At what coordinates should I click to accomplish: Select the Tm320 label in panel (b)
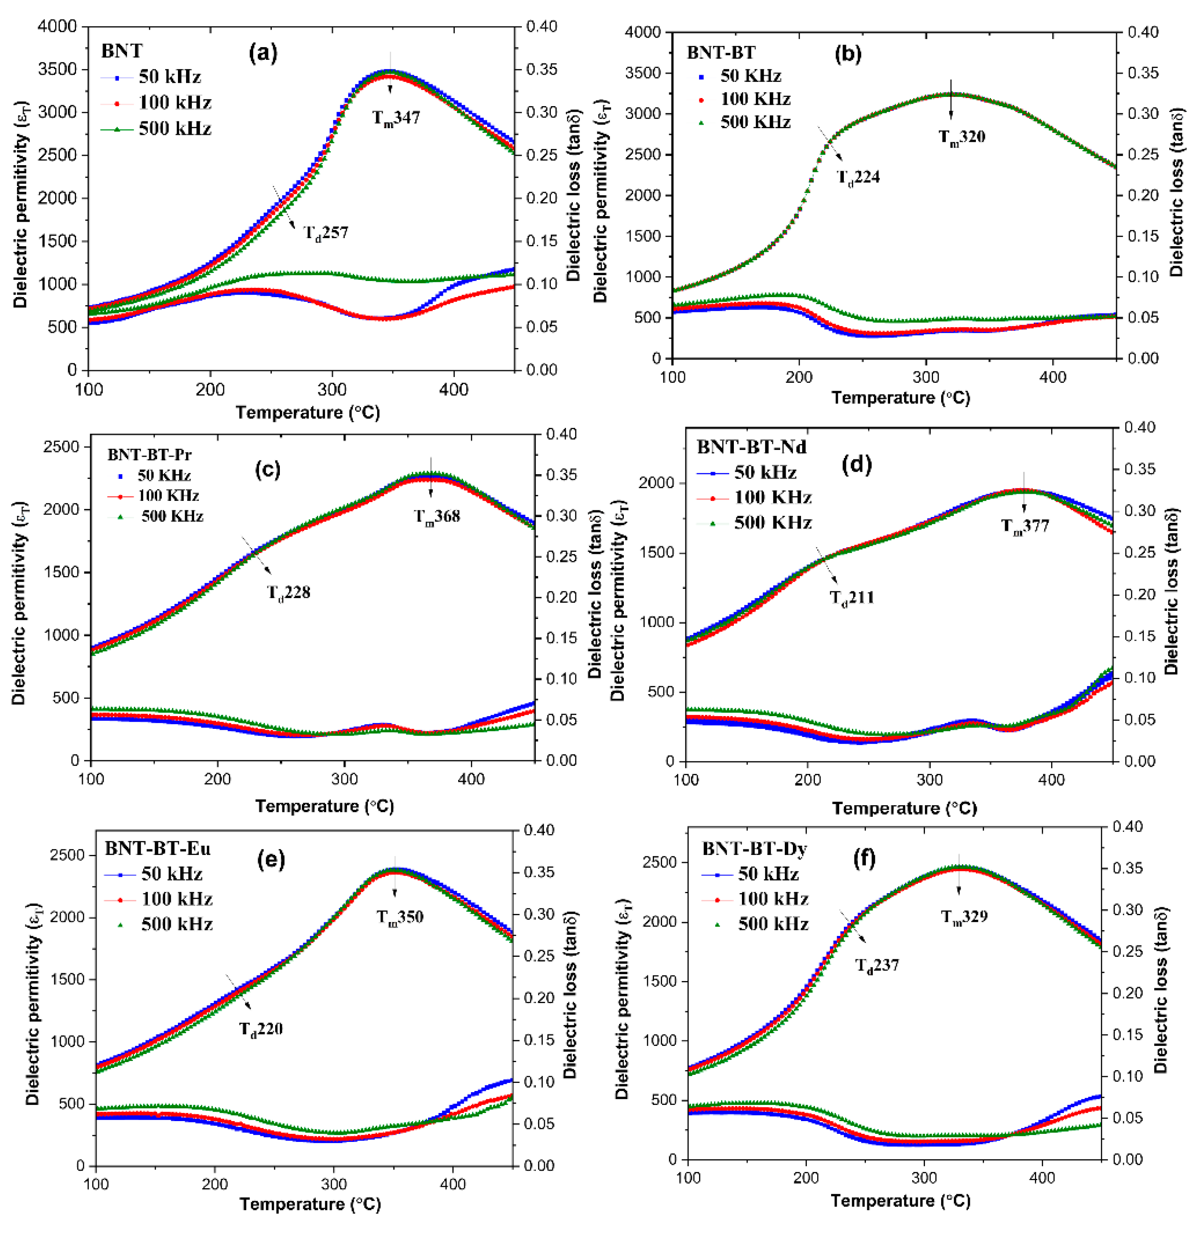tap(961, 137)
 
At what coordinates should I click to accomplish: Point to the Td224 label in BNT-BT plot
tap(858, 177)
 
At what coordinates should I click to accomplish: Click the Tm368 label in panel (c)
tap(437, 517)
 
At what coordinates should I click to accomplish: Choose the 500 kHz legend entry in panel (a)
tap(174, 129)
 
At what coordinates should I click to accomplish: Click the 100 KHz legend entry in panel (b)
tap(755, 99)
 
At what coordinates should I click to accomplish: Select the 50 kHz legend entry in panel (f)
tap(768, 874)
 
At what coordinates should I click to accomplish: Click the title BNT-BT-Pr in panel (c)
tap(149, 455)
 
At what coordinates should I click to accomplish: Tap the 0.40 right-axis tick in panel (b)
tap(1143, 32)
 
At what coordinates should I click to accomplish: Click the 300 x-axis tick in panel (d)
tap(929, 779)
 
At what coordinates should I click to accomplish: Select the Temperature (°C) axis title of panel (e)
tap(310, 1204)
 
